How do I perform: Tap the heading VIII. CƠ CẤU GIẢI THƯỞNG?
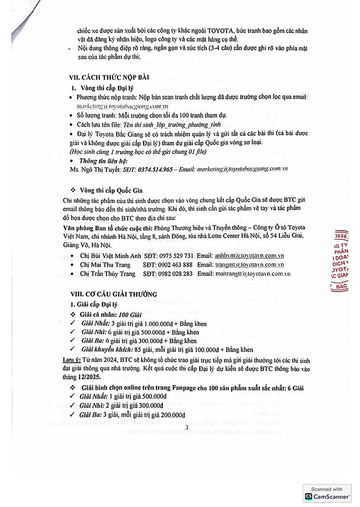tap(114, 294)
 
